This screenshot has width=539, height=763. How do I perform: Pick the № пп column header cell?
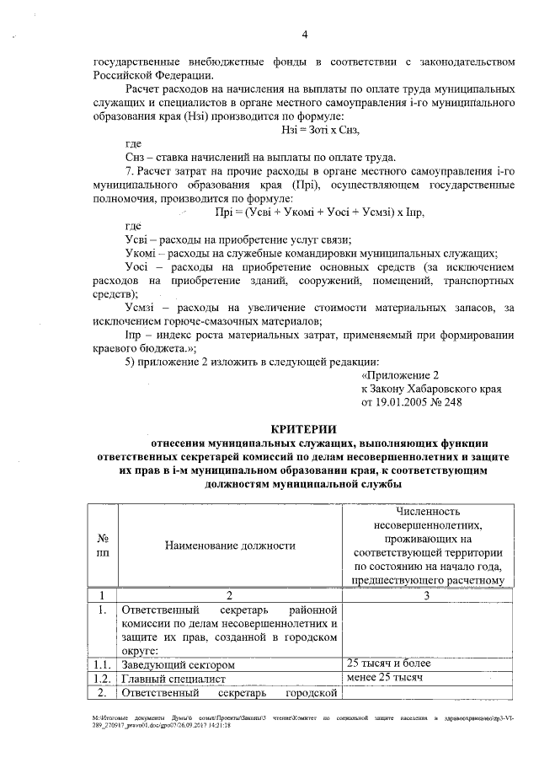[101, 545]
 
